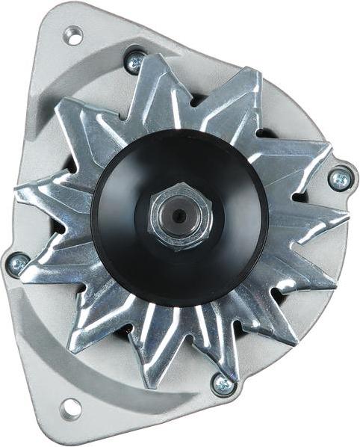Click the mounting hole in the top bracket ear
click(73, 34)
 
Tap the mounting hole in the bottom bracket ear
click(70, 408)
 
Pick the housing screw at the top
click(134, 61)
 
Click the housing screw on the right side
click(340, 179)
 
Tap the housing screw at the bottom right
click(223, 384)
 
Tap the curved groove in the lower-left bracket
click(45, 351)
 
